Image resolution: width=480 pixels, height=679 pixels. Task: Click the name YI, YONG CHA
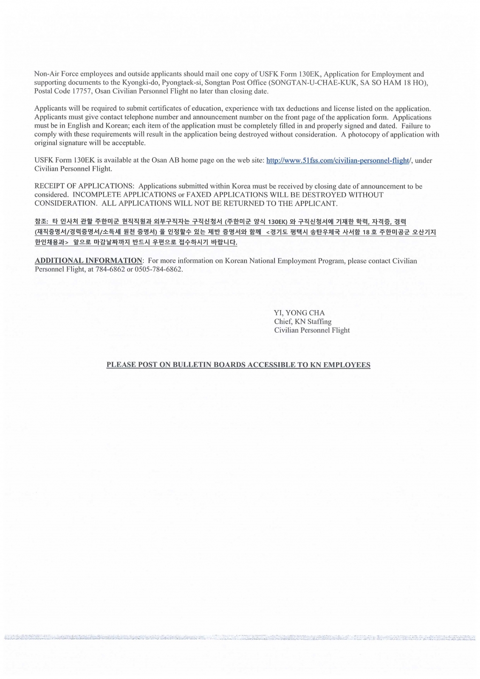point(299,313)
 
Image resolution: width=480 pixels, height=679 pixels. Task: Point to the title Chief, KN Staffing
point(302,321)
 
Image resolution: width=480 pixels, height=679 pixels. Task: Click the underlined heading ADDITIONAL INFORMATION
point(89,260)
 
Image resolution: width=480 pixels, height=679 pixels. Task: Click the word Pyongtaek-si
point(182,83)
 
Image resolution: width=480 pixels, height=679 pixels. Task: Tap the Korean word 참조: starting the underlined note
point(42,221)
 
